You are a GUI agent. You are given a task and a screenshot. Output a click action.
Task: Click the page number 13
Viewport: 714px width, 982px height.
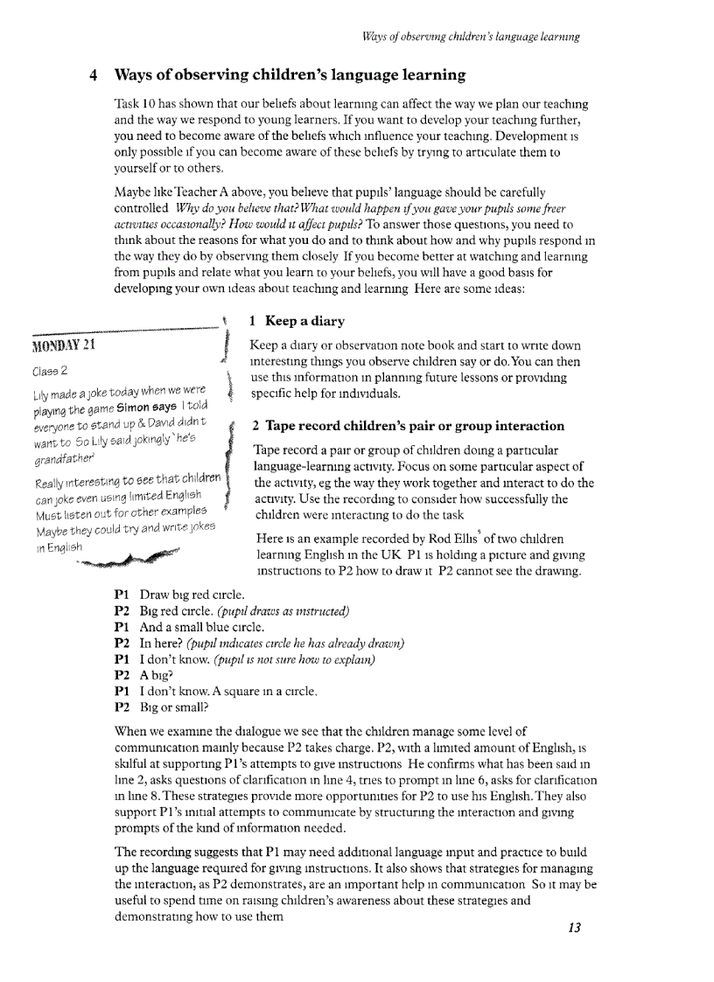click(574, 928)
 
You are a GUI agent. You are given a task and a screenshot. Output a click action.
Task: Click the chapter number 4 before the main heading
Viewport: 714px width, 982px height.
click(94, 75)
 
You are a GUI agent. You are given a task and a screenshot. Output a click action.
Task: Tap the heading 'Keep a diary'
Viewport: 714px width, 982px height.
click(297, 321)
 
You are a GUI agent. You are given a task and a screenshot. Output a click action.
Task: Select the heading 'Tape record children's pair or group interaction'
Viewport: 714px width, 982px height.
click(408, 426)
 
